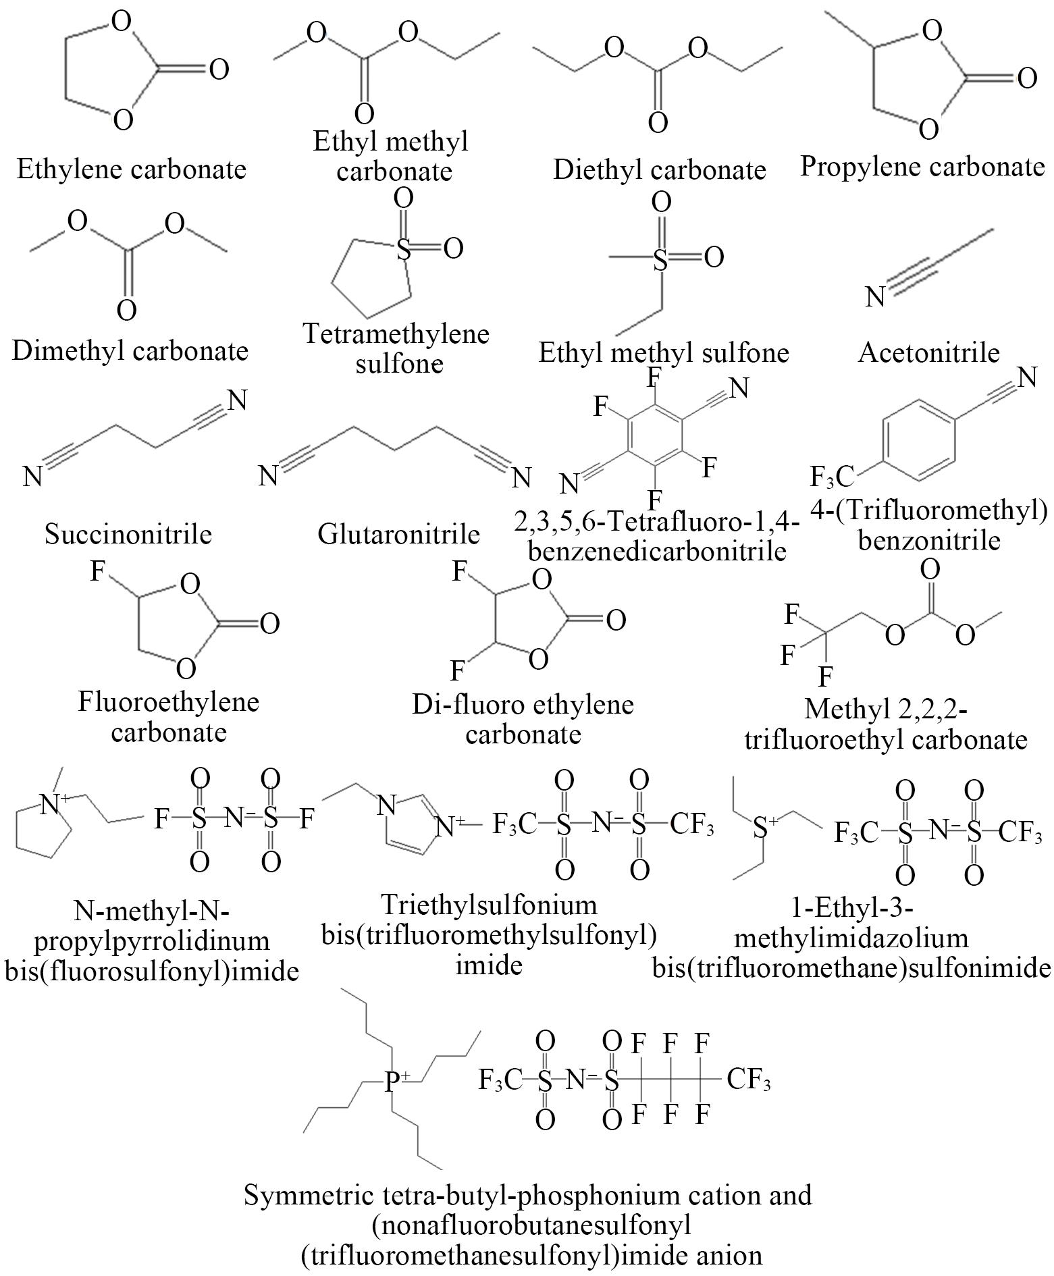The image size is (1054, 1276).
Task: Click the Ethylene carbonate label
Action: tap(131, 169)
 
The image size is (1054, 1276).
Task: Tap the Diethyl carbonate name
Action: tap(659, 169)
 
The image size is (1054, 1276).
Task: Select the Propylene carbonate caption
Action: tap(922, 166)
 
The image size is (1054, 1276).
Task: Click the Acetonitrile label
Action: tap(928, 352)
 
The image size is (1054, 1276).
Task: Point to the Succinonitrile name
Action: tap(128, 534)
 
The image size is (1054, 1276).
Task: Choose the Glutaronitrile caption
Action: tap(398, 534)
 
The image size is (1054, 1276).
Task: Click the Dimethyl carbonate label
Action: tap(130, 351)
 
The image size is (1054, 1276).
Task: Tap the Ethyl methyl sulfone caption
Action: tap(663, 352)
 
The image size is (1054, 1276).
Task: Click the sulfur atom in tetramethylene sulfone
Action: tap(403, 250)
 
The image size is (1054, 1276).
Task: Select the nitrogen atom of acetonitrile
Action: tap(875, 297)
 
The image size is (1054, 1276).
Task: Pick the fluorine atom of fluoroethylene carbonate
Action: tap(98, 572)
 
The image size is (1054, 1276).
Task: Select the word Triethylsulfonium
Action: tap(489, 903)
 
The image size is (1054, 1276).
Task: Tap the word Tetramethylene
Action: tap(396, 334)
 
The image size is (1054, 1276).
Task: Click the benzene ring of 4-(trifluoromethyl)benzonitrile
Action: tap(919, 440)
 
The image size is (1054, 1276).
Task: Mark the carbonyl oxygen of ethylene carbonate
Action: tap(219, 69)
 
